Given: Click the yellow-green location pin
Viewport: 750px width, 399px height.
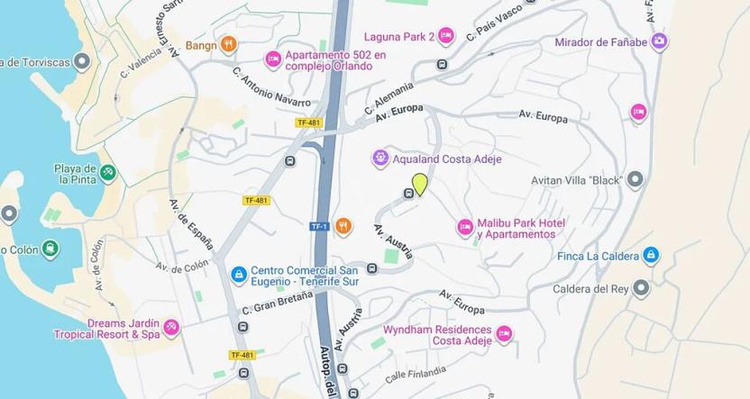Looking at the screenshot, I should point(419,184).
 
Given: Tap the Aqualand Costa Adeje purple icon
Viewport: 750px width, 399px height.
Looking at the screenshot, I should point(380,159).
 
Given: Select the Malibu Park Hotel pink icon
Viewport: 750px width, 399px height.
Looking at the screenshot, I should point(465,228).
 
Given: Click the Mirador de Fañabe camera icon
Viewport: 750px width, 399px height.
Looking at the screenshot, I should point(659,41).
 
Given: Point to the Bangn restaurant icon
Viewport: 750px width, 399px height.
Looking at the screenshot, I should point(228,44).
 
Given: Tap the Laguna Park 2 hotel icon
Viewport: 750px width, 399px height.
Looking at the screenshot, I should point(445,36).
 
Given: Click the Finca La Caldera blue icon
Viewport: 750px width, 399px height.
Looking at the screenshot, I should point(651,256).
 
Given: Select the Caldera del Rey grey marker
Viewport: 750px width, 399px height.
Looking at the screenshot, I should point(641,288).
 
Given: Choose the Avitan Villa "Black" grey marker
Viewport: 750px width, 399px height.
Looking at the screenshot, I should point(635,179).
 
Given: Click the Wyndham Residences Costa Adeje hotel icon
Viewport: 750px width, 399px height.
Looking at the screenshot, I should point(504,335).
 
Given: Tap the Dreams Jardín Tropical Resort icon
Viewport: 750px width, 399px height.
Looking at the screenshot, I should point(171,328).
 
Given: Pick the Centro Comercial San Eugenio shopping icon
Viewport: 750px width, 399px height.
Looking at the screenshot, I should point(239,275).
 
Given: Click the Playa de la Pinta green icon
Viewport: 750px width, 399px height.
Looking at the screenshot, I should point(107,172).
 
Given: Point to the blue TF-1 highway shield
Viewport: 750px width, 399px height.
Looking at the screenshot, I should point(319,226).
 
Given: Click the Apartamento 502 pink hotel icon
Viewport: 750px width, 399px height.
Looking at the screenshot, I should point(273,59).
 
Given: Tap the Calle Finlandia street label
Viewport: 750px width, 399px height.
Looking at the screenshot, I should point(416,372).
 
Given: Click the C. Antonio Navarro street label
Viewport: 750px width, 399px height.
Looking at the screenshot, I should point(270,87).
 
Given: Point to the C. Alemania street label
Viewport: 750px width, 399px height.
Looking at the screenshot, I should point(389,97).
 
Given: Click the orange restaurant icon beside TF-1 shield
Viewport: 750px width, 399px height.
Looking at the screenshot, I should point(343,226).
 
